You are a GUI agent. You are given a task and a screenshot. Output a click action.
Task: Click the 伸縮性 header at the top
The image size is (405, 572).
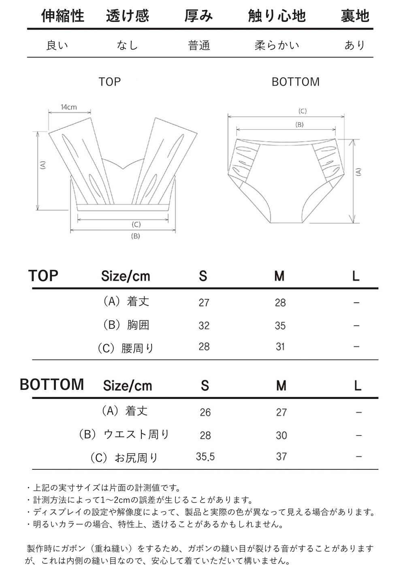(63, 16)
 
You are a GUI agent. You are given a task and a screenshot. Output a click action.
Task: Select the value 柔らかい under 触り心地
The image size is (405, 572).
(277, 45)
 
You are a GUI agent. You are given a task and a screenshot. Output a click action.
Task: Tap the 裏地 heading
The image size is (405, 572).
(355, 16)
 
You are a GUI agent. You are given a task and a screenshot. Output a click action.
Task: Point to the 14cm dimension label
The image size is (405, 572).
(69, 107)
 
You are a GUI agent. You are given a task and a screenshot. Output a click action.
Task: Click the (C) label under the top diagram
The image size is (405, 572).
(136, 224)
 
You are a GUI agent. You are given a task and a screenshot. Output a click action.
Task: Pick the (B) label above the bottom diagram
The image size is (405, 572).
(299, 125)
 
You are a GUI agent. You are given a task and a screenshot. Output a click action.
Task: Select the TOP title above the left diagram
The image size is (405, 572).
(110, 82)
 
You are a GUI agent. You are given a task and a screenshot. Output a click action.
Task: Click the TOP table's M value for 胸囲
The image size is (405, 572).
(280, 326)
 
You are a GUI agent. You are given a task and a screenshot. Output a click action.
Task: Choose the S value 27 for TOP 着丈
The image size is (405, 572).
(204, 303)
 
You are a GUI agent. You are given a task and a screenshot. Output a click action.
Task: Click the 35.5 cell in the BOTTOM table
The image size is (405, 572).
(205, 456)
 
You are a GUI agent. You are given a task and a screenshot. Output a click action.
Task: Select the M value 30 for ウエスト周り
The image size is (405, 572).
(281, 435)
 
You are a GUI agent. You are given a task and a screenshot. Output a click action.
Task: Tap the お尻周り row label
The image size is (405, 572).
(124, 458)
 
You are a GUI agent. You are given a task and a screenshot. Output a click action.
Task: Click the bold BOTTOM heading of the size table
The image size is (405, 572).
(52, 384)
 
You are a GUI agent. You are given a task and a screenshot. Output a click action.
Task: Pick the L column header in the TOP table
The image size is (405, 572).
(356, 276)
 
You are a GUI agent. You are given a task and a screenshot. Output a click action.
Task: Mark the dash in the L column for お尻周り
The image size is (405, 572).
(358, 456)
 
